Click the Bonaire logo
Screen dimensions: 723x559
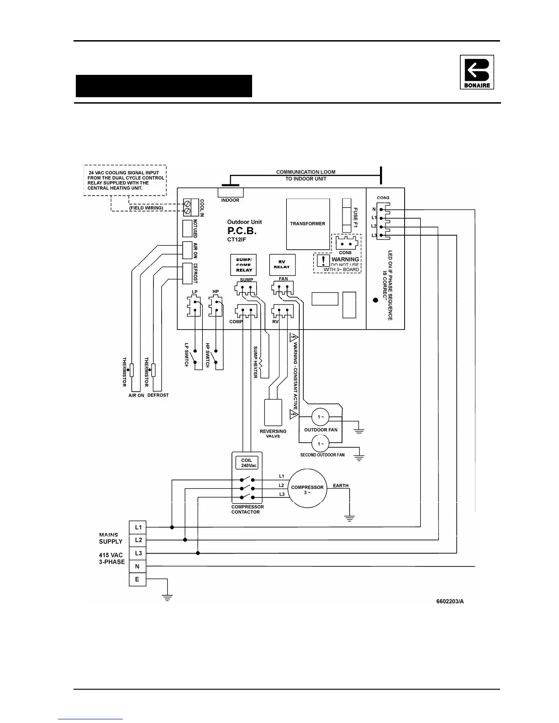477,72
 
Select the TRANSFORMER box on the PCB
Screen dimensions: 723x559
308,224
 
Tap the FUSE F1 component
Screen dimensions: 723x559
347,216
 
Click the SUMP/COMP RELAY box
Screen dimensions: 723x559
244,265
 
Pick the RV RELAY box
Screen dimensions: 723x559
282,265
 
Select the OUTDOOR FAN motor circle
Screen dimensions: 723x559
321,417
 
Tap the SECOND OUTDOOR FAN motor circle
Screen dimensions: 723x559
321,444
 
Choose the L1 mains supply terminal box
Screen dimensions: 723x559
138,527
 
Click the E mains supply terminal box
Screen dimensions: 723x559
137,580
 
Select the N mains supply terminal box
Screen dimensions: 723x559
137,566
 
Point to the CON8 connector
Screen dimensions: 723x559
346,243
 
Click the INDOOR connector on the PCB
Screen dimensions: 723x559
231,192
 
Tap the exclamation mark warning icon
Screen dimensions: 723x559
323,261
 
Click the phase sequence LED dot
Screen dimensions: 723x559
375,300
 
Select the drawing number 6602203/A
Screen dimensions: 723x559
450,601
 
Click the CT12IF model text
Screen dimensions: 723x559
237,239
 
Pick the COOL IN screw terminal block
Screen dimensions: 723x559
187,207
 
